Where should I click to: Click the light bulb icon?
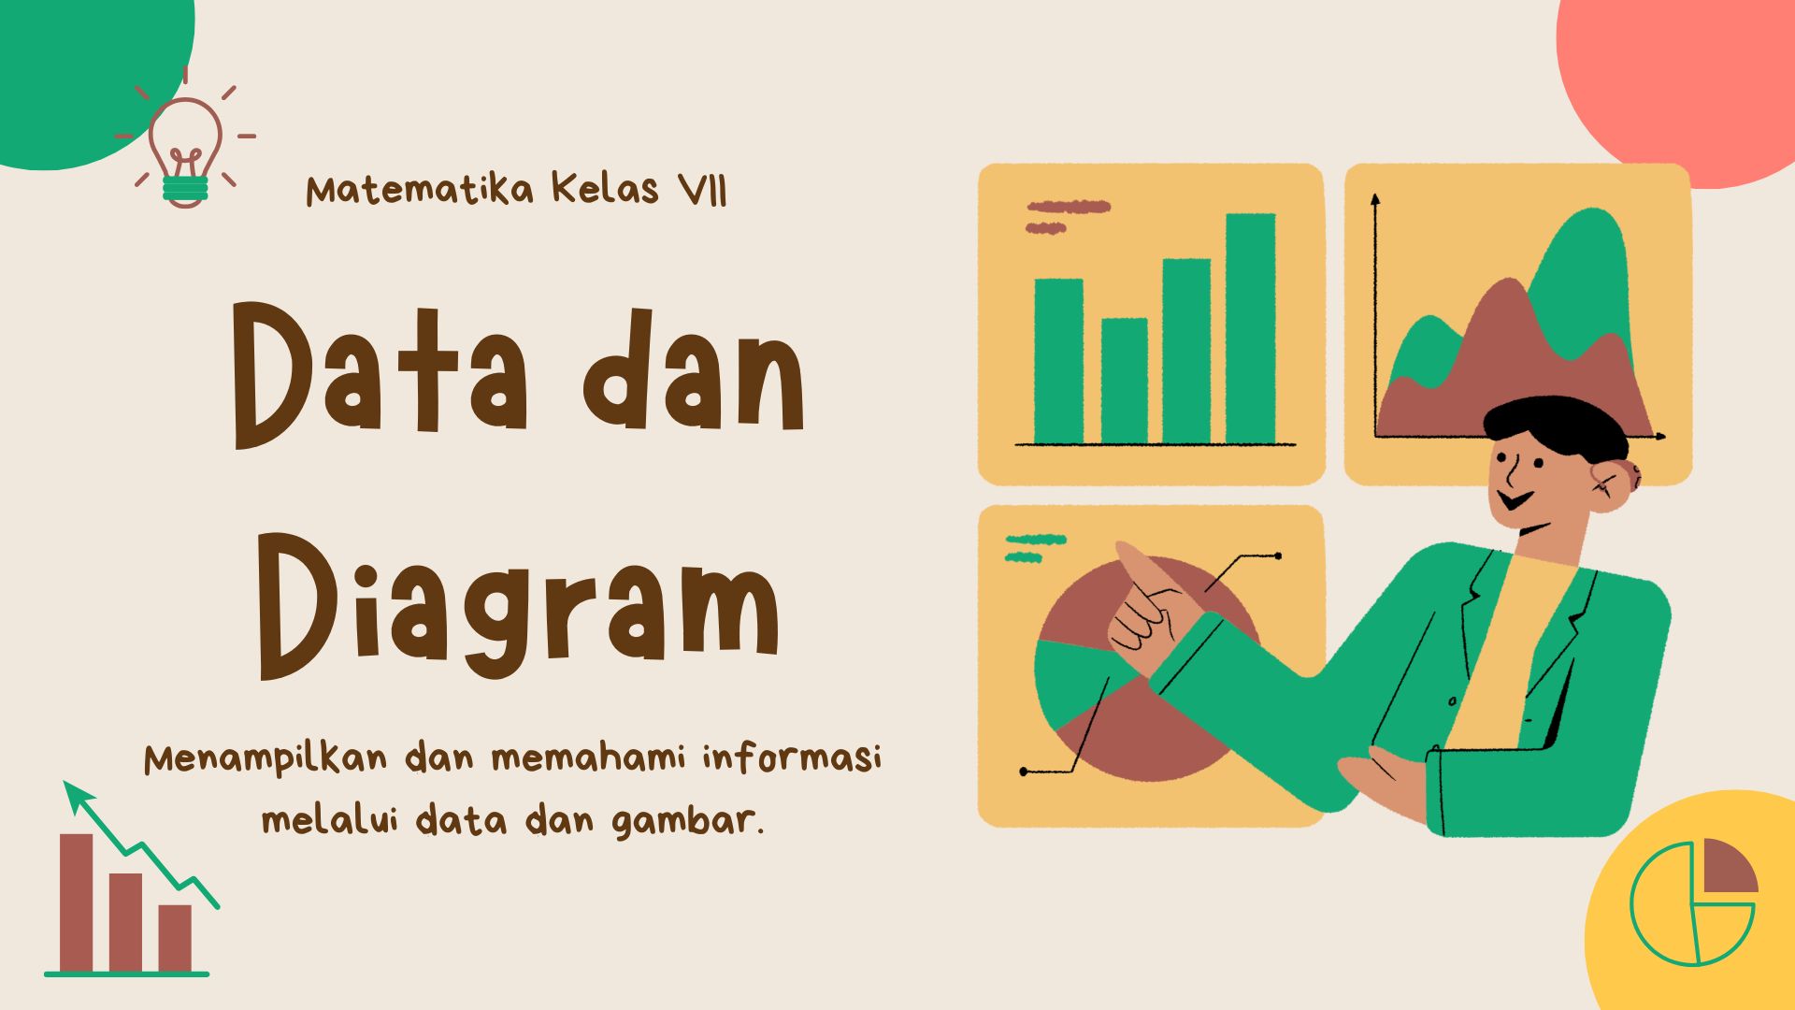185,150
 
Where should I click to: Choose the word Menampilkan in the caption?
266,758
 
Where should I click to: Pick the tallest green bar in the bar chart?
1250,327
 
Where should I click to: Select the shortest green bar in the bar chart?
1124,381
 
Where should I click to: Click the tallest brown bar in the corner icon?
77,902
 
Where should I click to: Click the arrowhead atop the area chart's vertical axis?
1375,199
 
